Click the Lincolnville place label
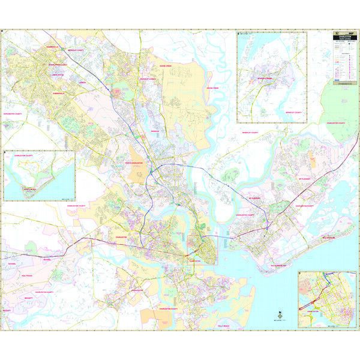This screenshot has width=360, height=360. pyautogui.click(x=58, y=75)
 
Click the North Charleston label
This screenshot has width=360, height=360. pyautogui.click(x=136, y=162)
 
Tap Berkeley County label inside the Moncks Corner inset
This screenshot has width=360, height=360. pyautogui.click(x=278, y=112)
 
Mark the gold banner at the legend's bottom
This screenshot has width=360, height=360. pyautogui.click(x=344, y=84)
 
